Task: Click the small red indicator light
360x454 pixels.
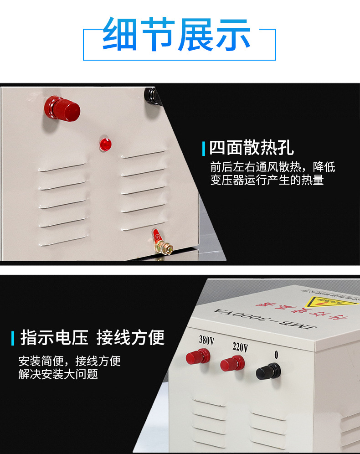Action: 105,144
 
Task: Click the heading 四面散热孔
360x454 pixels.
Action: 252,148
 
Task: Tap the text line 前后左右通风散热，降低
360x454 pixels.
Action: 272,167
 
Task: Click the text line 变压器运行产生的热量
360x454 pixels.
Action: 267,180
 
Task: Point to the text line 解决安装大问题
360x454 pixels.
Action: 58,375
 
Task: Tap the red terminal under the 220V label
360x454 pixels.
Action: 232,364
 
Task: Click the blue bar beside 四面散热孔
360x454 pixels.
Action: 204,148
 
